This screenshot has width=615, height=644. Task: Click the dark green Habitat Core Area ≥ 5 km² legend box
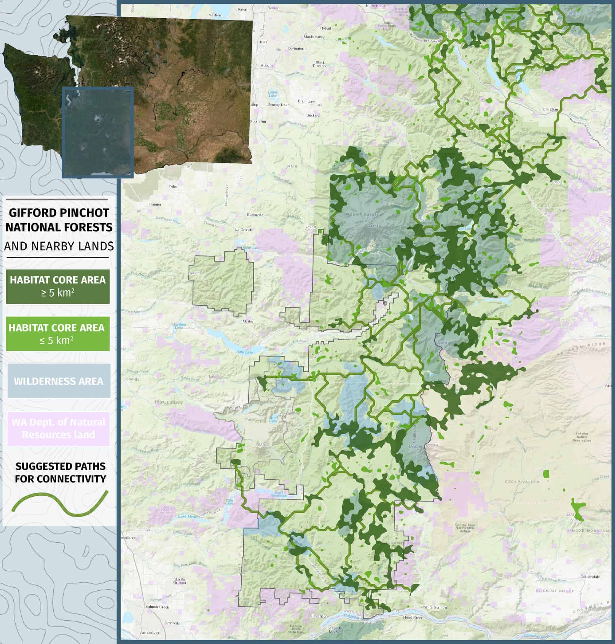[58, 286]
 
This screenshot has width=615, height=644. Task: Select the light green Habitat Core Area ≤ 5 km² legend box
[58, 334]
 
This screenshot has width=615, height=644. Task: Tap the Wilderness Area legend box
[59, 381]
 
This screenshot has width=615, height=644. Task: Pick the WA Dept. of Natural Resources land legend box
[59, 428]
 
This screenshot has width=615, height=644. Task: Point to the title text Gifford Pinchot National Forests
[59, 220]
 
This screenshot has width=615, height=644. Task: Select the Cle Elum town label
[550, 109]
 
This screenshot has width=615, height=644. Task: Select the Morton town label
[249, 321]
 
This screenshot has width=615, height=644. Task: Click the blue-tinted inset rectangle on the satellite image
[98, 132]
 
